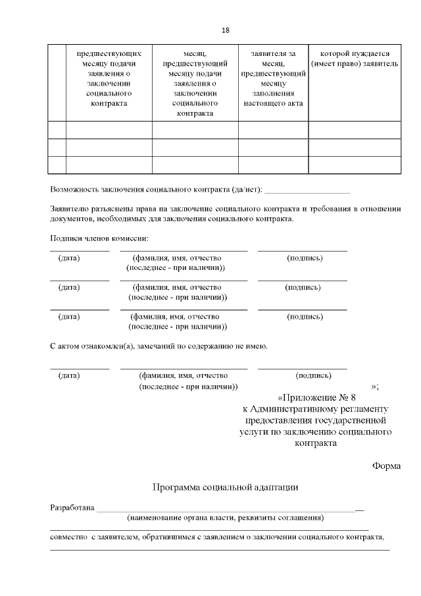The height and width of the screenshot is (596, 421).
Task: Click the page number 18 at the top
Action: (x=225, y=30)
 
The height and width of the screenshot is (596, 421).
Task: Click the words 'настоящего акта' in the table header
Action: (x=273, y=103)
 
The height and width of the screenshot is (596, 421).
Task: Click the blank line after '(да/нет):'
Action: (x=307, y=191)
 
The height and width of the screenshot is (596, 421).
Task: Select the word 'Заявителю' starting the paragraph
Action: (x=68, y=209)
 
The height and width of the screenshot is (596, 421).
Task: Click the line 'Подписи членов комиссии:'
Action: (x=95, y=238)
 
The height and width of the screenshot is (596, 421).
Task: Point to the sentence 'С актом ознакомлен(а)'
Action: (x=159, y=346)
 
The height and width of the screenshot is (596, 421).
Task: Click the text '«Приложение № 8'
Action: (x=317, y=398)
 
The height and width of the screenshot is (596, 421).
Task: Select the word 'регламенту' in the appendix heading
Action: (x=366, y=410)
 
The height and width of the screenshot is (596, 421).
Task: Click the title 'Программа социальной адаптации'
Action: (x=225, y=488)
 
